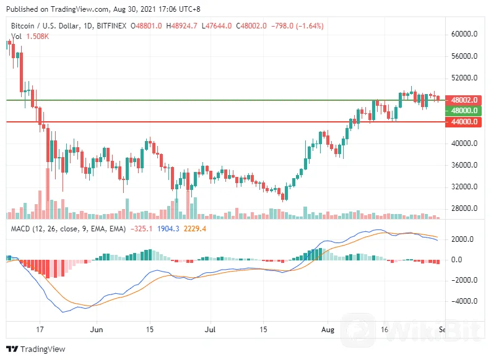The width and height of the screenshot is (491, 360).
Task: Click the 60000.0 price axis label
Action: coord(464,35)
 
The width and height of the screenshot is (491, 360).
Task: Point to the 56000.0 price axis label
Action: coord(464,56)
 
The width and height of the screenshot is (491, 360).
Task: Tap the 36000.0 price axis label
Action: coord(464,165)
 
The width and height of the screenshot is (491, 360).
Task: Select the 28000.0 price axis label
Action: coord(464,208)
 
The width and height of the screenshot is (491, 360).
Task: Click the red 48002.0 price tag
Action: coord(464,100)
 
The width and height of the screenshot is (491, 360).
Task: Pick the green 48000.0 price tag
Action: coord(464,111)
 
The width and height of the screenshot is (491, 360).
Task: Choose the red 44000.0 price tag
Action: coord(464,122)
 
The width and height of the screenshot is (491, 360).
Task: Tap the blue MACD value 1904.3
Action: coord(168,229)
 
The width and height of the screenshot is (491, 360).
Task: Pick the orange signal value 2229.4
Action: coord(195,229)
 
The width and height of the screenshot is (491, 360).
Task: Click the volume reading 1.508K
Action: coord(37,36)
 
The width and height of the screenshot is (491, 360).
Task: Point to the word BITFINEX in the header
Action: coord(112,26)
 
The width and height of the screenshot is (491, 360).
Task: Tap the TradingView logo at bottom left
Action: coord(35,349)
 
